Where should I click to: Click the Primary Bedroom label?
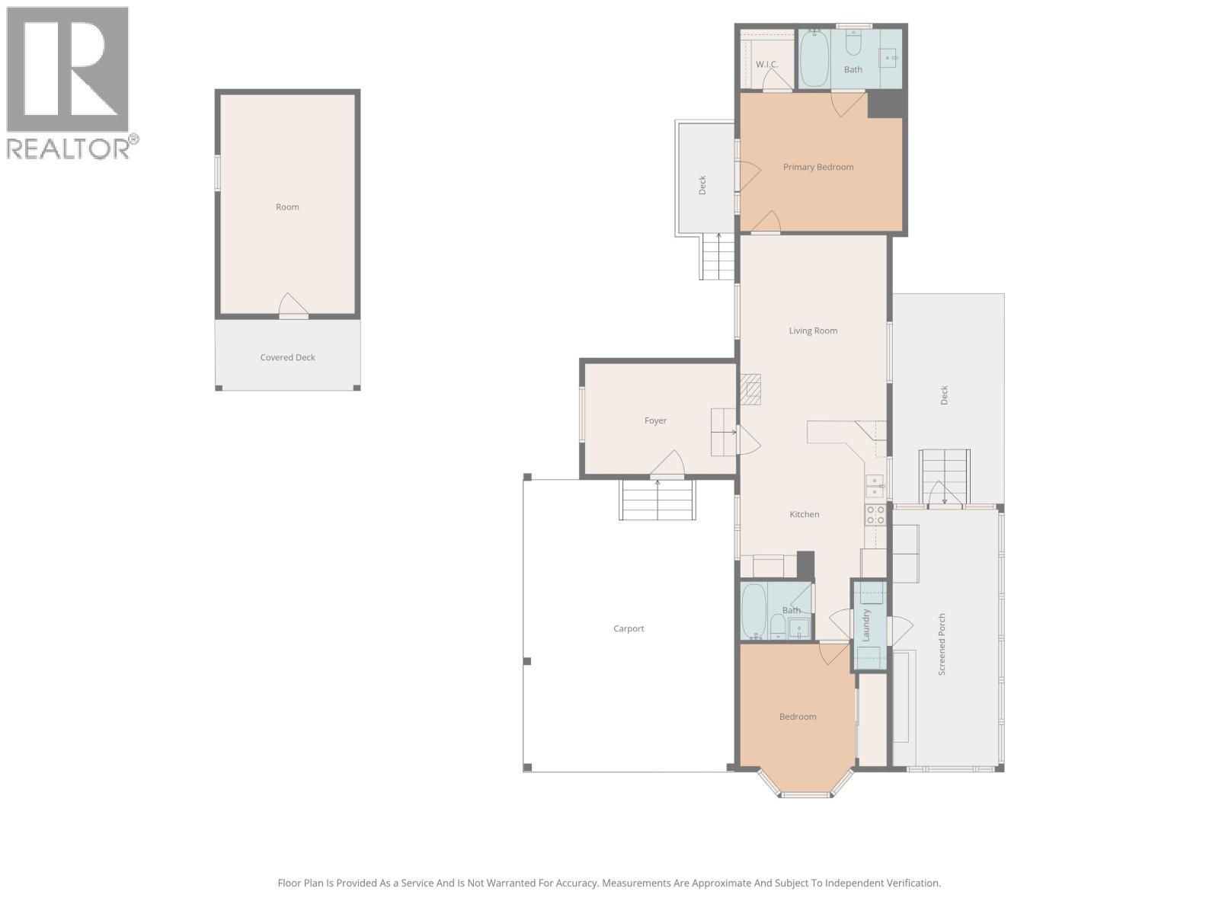(x=818, y=167)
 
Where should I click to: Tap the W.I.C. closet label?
(x=767, y=64)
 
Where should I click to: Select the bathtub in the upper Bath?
(x=814, y=59)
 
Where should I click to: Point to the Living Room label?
(x=813, y=331)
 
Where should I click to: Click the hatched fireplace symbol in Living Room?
(x=751, y=389)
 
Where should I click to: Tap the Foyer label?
(x=655, y=420)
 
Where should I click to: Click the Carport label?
(x=629, y=628)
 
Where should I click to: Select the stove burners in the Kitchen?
(x=875, y=515)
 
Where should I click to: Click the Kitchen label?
(x=804, y=514)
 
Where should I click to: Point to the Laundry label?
(x=866, y=625)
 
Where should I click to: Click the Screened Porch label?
(x=942, y=644)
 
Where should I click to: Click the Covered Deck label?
(x=287, y=357)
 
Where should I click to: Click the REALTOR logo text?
(x=72, y=148)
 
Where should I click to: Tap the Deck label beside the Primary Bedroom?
(x=702, y=185)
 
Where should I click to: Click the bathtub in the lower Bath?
(x=754, y=611)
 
